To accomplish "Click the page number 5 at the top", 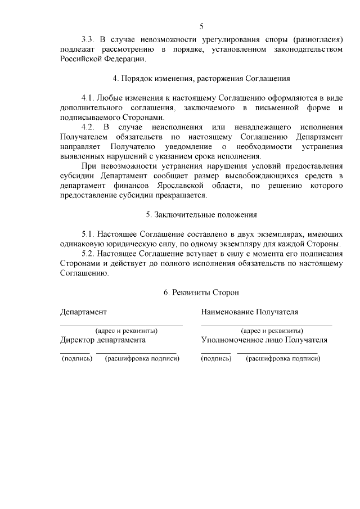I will tap(202, 26).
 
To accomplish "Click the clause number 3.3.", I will tap(88, 39).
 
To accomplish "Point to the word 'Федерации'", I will tap(127, 59).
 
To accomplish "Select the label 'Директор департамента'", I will tap(103, 340).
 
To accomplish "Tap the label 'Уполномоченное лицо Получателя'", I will tap(264, 340).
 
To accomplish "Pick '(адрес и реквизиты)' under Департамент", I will tap(126, 331).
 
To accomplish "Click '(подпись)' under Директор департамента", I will tap(76, 359).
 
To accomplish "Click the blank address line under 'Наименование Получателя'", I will tap(266, 325).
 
